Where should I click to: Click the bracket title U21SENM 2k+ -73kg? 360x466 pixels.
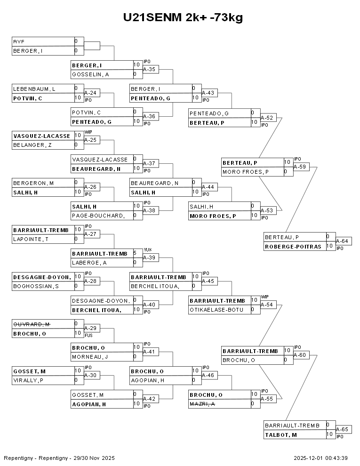(x=183, y=17)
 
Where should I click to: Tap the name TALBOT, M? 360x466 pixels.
(x=281, y=434)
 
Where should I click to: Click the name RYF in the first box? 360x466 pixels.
(x=18, y=41)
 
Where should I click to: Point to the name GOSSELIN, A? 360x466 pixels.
(x=90, y=74)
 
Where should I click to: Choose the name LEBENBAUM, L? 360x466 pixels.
(x=34, y=88)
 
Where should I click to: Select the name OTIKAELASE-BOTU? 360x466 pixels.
(x=217, y=310)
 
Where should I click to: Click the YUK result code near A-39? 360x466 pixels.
(x=148, y=249)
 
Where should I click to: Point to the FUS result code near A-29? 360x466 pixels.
(x=88, y=336)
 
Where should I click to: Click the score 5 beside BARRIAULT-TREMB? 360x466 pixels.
(x=135, y=253)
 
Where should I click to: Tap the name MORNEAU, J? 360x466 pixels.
(x=90, y=357)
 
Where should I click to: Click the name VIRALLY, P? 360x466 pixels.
(x=28, y=380)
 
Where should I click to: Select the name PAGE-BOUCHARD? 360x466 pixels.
(x=98, y=216)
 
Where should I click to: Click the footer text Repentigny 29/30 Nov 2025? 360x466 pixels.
(x=59, y=458)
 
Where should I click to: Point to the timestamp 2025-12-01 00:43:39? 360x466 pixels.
(x=320, y=458)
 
